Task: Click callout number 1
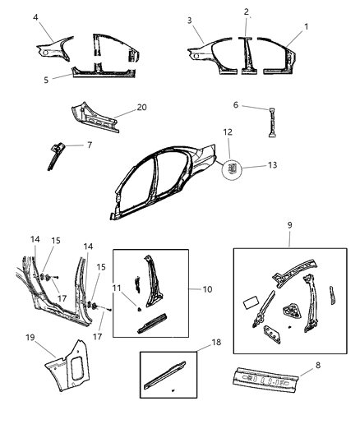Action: click(306, 27)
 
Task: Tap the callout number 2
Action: click(247, 12)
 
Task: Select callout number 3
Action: click(189, 21)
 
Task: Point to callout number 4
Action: click(35, 17)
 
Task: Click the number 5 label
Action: click(47, 80)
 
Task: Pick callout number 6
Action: click(234, 105)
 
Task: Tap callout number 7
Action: click(89, 145)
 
